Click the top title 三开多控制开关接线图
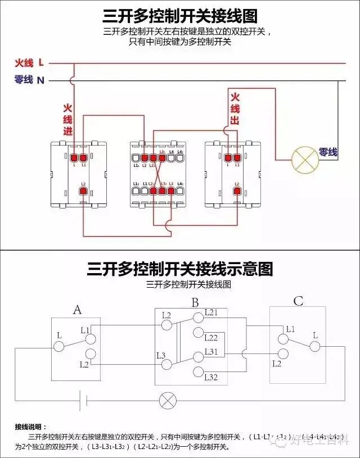click(x=180, y=16)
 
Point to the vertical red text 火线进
click(x=67, y=120)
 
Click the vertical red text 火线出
click(x=235, y=108)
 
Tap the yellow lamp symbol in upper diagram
click(x=304, y=160)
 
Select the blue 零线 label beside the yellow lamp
click(x=328, y=152)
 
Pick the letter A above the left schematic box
click(x=78, y=309)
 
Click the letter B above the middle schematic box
click(x=195, y=303)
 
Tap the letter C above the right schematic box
click(x=298, y=302)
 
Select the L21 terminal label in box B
click(x=211, y=312)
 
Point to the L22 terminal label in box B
click(x=211, y=338)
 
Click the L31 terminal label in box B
click(x=211, y=351)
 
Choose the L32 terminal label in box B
click(x=211, y=377)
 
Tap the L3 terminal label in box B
click(x=161, y=355)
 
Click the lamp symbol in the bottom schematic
click(x=167, y=400)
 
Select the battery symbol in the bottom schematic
click(x=83, y=400)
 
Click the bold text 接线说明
click(x=31, y=427)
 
